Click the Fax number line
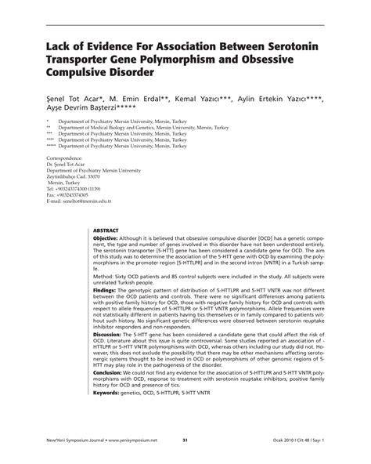(x=74, y=194)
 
